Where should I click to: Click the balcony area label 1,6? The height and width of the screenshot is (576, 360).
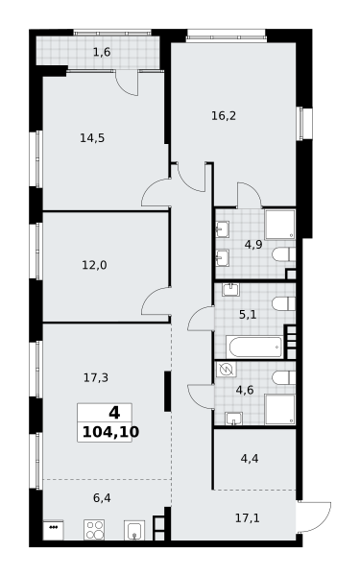pyautogui.click(x=102, y=53)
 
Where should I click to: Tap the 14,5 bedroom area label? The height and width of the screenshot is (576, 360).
pyautogui.click(x=92, y=138)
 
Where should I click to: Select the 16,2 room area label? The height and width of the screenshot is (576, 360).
pyautogui.click(x=224, y=116)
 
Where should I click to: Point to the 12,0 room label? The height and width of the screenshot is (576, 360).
pyautogui.click(x=94, y=265)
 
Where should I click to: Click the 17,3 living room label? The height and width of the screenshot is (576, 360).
pyautogui.click(x=96, y=377)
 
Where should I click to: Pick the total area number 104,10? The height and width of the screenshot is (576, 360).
pyautogui.click(x=110, y=432)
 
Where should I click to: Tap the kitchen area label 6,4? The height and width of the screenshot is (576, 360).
pyautogui.click(x=102, y=498)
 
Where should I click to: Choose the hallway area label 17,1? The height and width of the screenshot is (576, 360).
pyautogui.click(x=248, y=518)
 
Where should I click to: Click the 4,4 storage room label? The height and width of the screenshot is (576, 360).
pyautogui.click(x=250, y=459)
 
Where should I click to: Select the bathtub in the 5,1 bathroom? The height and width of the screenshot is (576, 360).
pyautogui.click(x=254, y=347)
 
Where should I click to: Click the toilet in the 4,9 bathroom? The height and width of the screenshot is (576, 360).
pyautogui.click(x=283, y=254)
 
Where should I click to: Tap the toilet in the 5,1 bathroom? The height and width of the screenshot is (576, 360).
pyautogui.click(x=283, y=303)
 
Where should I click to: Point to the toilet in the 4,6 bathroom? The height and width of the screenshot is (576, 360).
pyautogui.click(x=283, y=377)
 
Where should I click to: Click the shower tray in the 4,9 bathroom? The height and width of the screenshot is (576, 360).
pyautogui.click(x=280, y=224)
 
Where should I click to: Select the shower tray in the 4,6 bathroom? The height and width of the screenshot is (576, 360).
pyautogui.click(x=280, y=410)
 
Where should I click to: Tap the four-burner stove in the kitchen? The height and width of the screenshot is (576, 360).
pyautogui.click(x=94, y=530)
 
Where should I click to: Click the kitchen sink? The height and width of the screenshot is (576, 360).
pyautogui.click(x=134, y=530)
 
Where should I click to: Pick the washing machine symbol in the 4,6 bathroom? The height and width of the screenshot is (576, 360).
pyautogui.click(x=226, y=370)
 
